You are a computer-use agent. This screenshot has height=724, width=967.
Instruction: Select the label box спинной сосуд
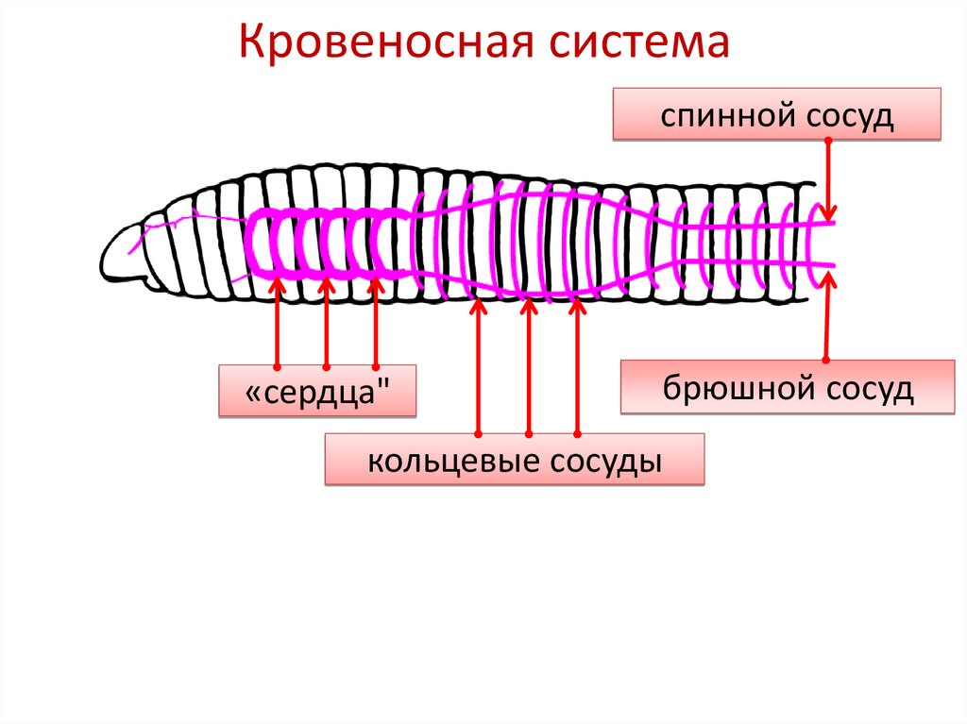click(777, 114)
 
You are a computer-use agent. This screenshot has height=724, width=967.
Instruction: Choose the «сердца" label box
click(317, 391)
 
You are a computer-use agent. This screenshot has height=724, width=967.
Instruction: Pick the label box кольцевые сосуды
click(514, 460)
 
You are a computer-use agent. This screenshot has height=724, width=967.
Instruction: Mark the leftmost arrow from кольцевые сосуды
click(478, 368)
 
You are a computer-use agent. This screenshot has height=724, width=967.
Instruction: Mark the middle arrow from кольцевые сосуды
click(528, 368)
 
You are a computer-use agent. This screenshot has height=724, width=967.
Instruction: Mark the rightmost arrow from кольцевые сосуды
click(578, 368)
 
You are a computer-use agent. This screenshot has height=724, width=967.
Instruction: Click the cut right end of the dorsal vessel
click(833, 224)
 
